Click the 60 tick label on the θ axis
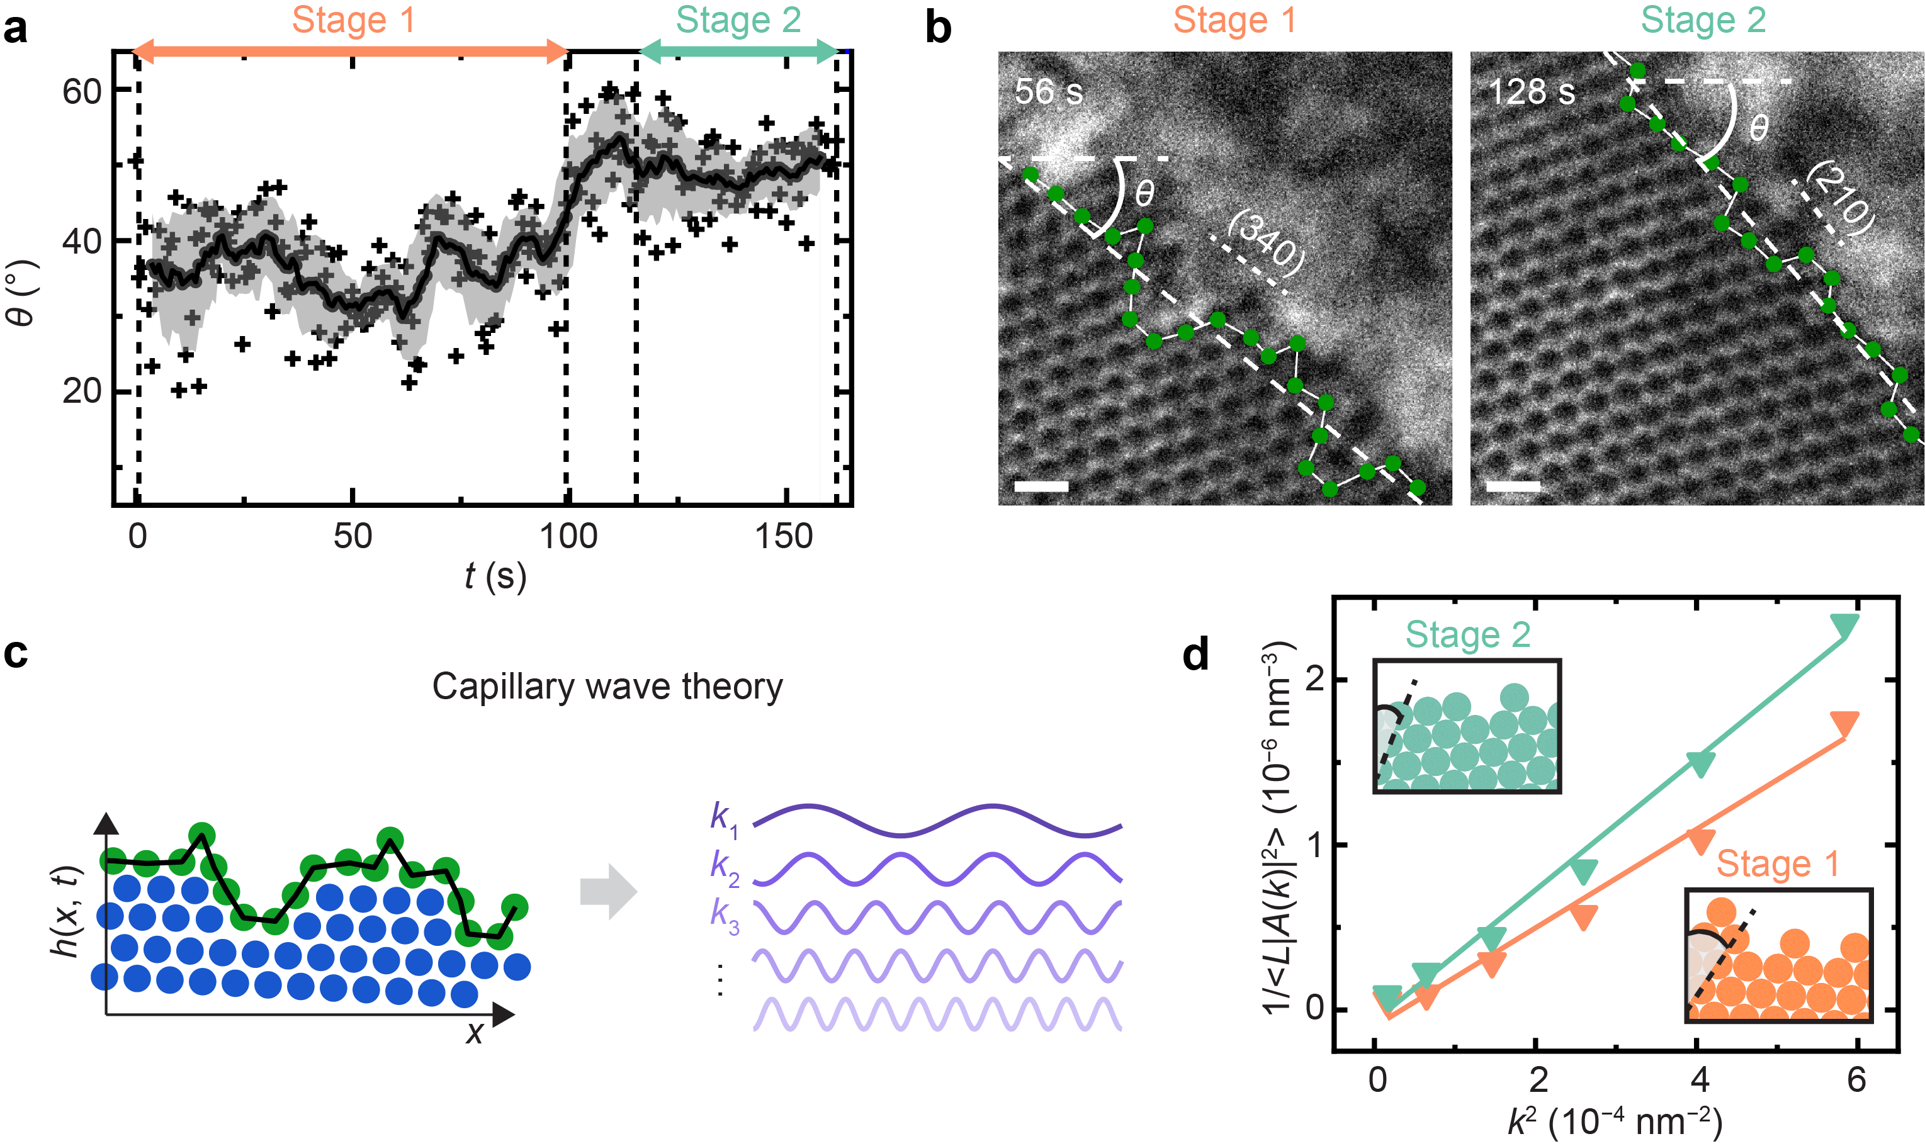click(x=82, y=92)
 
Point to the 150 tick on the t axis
click(x=784, y=536)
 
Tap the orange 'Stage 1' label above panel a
click(x=354, y=20)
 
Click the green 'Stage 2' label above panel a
click(x=738, y=20)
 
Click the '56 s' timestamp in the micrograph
click(x=1048, y=92)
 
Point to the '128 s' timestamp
click(x=1531, y=92)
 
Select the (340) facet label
click(x=1265, y=242)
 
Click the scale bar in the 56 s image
click(x=1041, y=486)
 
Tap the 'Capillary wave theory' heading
click(x=607, y=687)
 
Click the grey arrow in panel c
click(x=608, y=892)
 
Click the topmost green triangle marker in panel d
click(x=1844, y=626)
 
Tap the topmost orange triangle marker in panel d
click(x=1844, y=724)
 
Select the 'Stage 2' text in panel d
click(x=1468, y=635)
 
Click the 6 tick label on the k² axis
click(x=1856, y=1079)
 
